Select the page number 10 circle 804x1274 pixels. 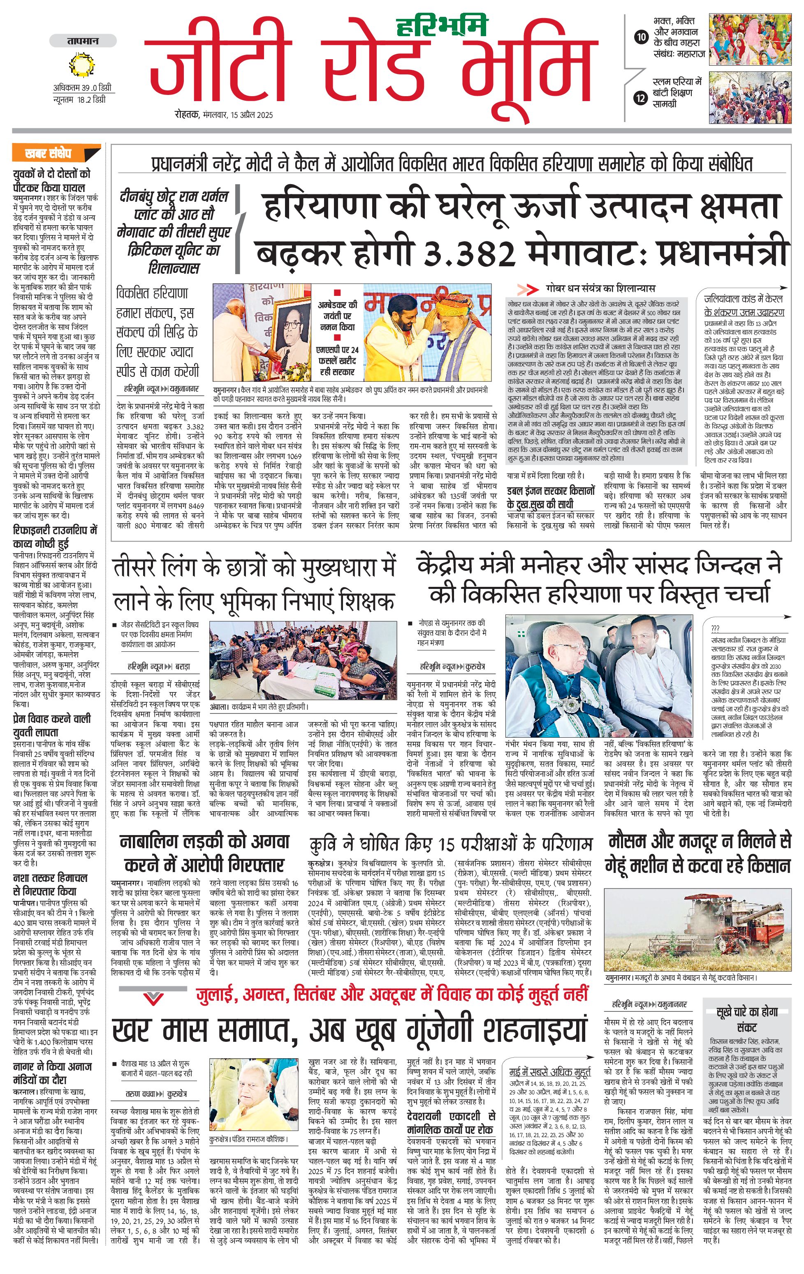click(641, 37)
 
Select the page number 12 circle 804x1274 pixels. click(641, 98)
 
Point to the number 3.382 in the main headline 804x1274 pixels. click(470, 254)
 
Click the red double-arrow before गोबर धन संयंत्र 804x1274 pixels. click(527, 289)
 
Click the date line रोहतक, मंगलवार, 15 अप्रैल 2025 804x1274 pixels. click(224, 115)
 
